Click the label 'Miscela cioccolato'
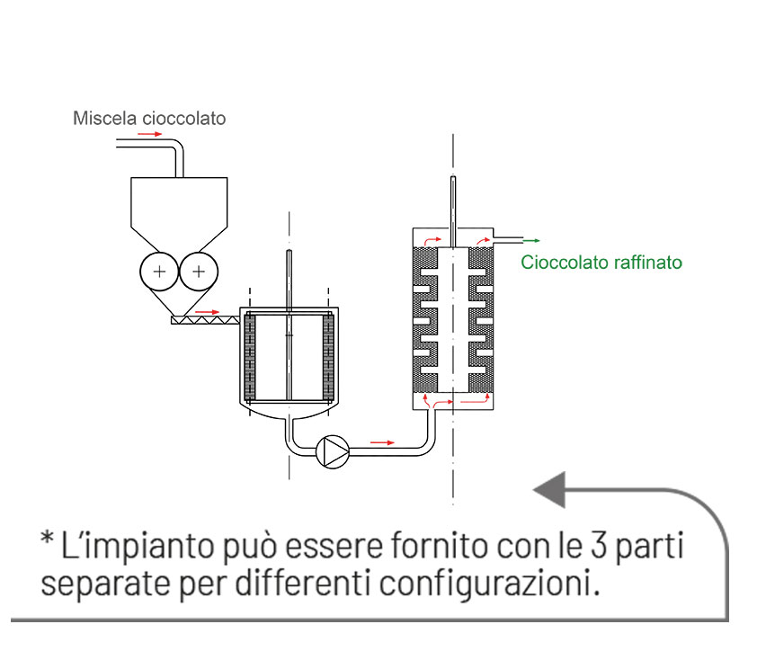pos(149,118)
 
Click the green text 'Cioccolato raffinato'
pos(601,263)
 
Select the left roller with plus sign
pos(159,271)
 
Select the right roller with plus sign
pos(199,271)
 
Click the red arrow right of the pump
pos(383,442)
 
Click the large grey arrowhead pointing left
pos(550,490)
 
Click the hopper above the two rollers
pos(179,211)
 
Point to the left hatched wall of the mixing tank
pos(251,358)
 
